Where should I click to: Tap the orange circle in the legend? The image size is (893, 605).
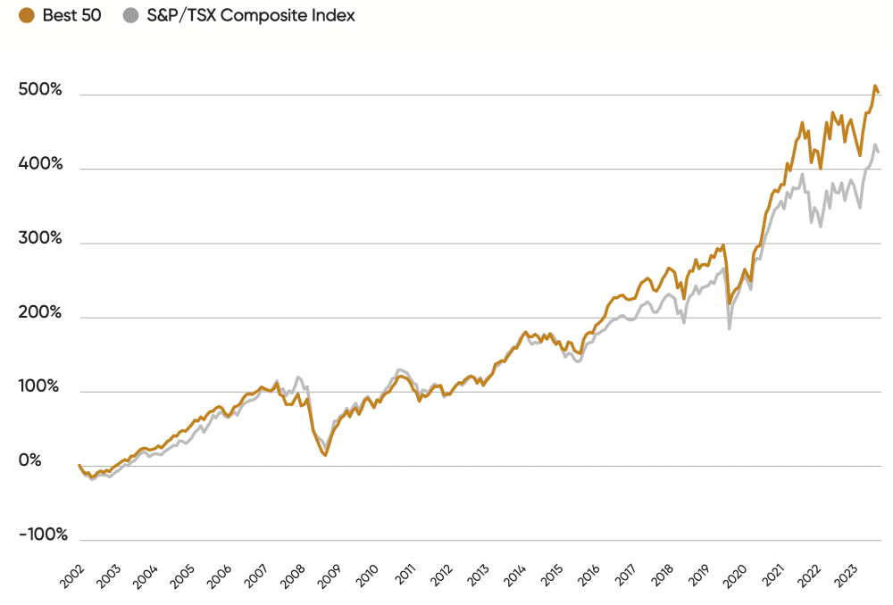coord(27,16)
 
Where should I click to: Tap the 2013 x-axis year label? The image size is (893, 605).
coord(475,576)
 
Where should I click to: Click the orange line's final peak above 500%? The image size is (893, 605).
coord(874,87)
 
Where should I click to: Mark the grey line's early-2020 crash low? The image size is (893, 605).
coord(730,329)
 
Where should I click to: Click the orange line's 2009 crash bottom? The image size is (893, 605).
coord(325,455)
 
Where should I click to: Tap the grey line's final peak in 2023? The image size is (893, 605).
coord(875,145)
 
